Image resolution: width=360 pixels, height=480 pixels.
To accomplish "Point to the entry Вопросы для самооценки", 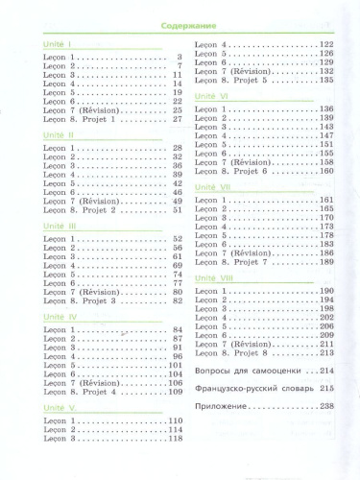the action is [252, 371].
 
